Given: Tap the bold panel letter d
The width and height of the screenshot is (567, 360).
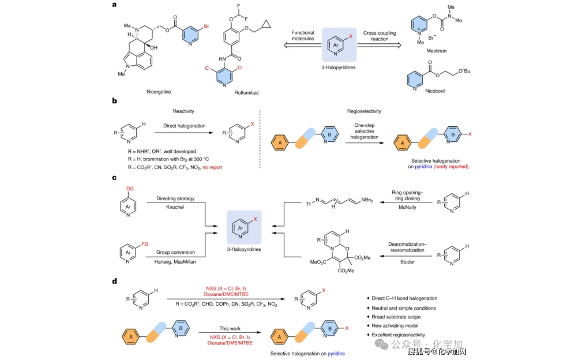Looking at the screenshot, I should (x=114, y=281).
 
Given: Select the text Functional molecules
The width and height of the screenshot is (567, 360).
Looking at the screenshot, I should (x=302, y=36).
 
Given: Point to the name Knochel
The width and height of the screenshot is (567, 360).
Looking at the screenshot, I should (x=172, y=207).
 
